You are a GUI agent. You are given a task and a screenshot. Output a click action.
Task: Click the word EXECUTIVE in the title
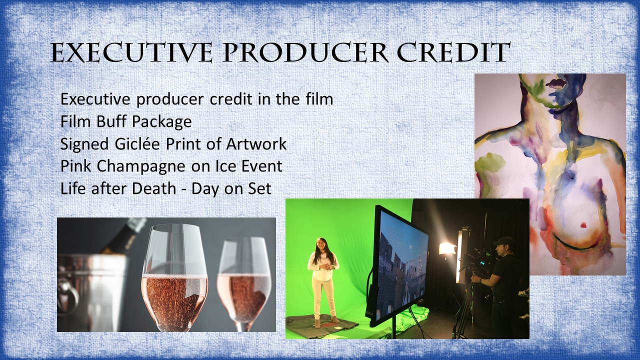pyautogui.click(x=131, y=53)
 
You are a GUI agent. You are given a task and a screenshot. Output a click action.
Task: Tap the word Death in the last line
pyautogui.click(x=154, y=188)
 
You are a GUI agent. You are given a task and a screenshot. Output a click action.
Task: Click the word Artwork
pyautogui.click(x=256, y=143)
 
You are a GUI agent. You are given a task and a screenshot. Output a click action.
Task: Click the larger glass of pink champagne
pyautogui.click(x=175, y=277)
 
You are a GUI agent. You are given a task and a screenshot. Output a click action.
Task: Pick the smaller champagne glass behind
pyautogui.click(x=244, y=285)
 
